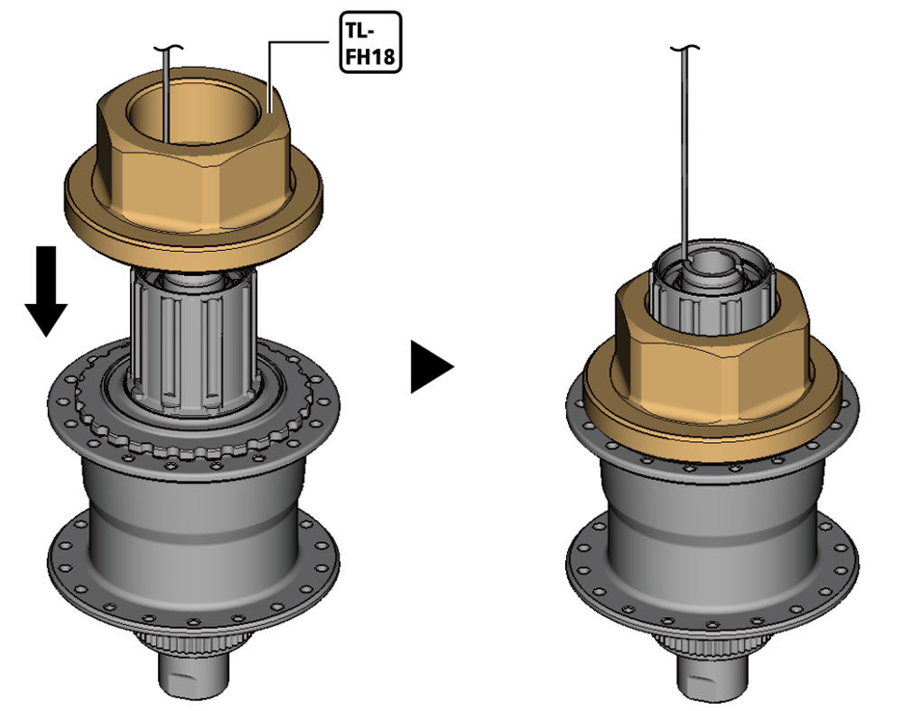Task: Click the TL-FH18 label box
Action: (x=370, y=42)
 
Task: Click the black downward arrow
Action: (x=46, y=291)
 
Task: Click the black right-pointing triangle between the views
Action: (x=432, y=366)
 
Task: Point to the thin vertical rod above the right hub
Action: (x=684, y=155)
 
